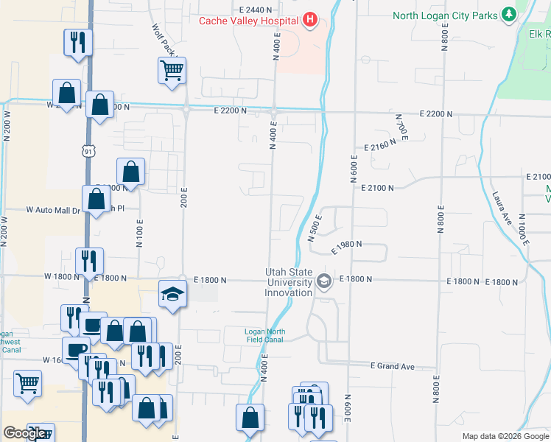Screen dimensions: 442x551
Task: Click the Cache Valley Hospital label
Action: [x=248, y=20]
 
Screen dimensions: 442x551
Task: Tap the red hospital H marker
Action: [x=309, y=20]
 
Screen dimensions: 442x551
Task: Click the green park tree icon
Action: [x=508, y=15]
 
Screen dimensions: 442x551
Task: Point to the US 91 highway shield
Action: [x=88, y=151]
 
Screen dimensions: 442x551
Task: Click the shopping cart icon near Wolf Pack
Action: [x=172, y=71]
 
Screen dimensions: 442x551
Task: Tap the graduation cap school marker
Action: [x=172, y=295]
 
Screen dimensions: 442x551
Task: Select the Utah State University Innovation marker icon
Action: [x=323, y=281]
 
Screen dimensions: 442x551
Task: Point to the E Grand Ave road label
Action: [x=393, y=366]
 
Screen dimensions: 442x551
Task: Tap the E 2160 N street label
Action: [x=379, y=145]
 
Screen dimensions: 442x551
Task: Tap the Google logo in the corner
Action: [x=25, y=433]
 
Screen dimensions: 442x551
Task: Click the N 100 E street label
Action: [x=139, y=232]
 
